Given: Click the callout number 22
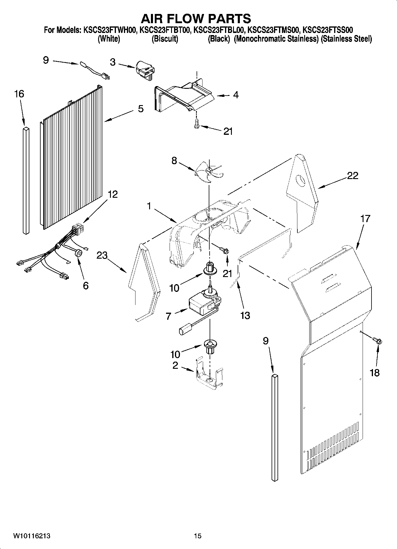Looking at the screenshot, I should pos(353,175).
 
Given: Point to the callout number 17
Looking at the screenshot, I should pos(365,219).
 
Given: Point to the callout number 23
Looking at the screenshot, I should pos(102,255).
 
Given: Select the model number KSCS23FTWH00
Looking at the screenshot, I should pos(109,30).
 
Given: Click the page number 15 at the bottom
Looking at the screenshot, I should pos(197,536).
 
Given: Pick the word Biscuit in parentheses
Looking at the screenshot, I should pos(165,39).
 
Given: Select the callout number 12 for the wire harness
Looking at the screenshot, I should pos(112,194).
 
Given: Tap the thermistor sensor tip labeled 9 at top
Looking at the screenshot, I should pos(83,64).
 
